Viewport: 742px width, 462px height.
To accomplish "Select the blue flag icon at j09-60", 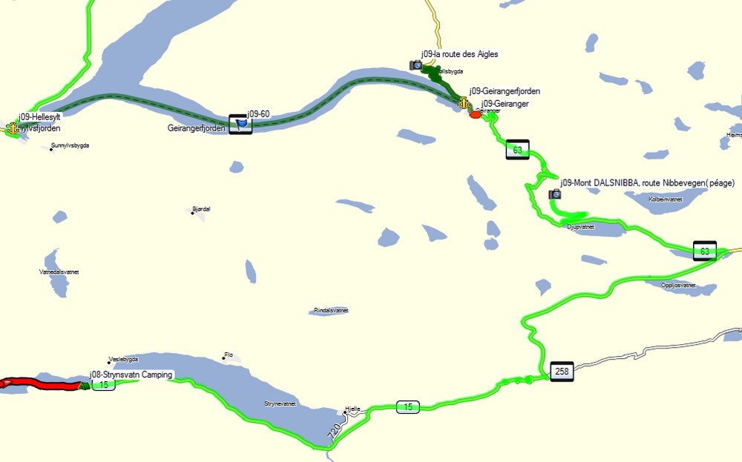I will [240, 125].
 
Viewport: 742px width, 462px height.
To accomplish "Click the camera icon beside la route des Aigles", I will [416, 65].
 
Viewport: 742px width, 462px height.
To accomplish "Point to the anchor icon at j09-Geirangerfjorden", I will [464, 102].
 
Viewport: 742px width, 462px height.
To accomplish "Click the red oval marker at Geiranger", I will [476, 114].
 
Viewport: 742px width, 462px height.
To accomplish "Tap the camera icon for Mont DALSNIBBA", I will [554, 194].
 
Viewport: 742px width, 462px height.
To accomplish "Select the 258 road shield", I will [562, 370].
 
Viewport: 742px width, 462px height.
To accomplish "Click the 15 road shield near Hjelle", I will [407, 406].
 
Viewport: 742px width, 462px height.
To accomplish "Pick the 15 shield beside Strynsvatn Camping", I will [103, 384].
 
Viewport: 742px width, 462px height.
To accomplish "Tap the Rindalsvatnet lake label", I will [331, 311].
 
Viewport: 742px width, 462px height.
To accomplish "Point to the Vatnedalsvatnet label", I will [59, 272].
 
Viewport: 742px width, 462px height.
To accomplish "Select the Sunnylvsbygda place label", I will [70, 145].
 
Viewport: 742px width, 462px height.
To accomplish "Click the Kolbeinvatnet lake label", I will [665, 199].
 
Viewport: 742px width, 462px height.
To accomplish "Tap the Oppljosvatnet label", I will [679, 286].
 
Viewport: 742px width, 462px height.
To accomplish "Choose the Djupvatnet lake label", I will [581, 227].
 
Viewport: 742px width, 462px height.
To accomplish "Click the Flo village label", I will [229, 355].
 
